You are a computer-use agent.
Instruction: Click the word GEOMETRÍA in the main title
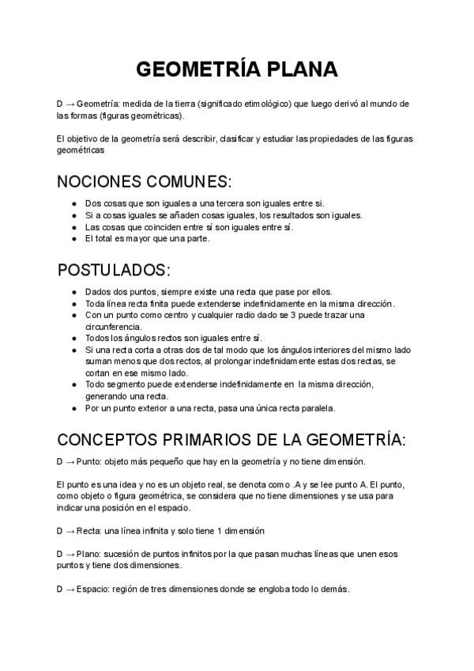coord(190,70)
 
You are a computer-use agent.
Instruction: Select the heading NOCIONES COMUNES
coord(145,180)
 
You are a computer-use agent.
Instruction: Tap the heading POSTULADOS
coord(114,270)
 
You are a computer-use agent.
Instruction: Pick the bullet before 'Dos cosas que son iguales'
coord(73,203)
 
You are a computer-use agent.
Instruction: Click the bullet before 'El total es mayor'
coord(73,239)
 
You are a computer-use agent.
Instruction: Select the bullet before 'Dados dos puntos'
coord(73,291)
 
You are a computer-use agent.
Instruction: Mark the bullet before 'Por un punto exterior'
coord(73,408)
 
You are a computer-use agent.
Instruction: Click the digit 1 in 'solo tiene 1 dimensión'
coord(217,531)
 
